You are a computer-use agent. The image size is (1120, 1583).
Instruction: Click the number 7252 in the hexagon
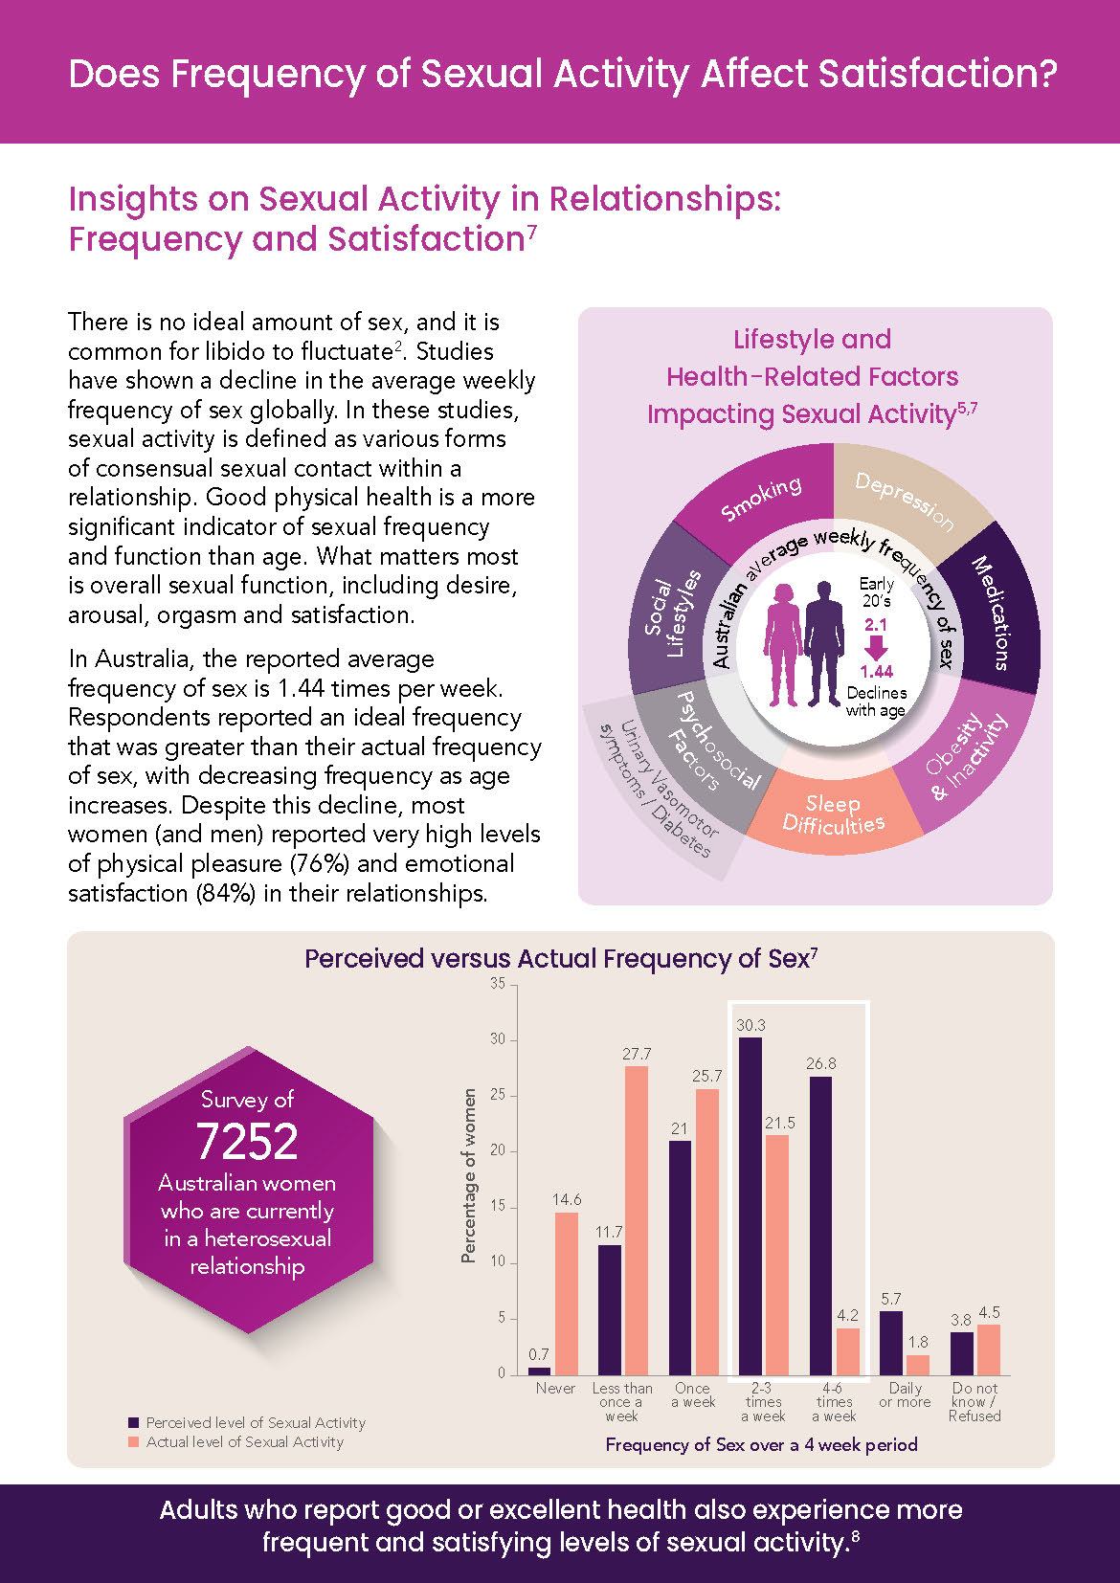point(247,1141)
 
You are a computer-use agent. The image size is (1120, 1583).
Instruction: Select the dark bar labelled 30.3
point(750,1206)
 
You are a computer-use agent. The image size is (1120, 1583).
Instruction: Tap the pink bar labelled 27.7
point(637,1220)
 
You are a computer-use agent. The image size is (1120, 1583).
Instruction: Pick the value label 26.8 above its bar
point(821,1063)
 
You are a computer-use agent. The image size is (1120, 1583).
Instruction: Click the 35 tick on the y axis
point(498,984)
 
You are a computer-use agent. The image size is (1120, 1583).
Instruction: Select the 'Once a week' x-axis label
point(693,1394)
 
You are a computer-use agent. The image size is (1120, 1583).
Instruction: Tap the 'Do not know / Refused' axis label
point(974,1401)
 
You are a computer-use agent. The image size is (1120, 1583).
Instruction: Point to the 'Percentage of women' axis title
point(469,1175)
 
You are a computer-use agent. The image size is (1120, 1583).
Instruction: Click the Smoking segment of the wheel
point(761,499)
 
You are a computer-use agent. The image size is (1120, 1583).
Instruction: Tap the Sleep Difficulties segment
point(833,814)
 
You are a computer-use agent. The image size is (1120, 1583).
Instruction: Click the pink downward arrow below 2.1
point(876,648)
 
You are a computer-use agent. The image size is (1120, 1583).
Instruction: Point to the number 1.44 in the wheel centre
point(876,671)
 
